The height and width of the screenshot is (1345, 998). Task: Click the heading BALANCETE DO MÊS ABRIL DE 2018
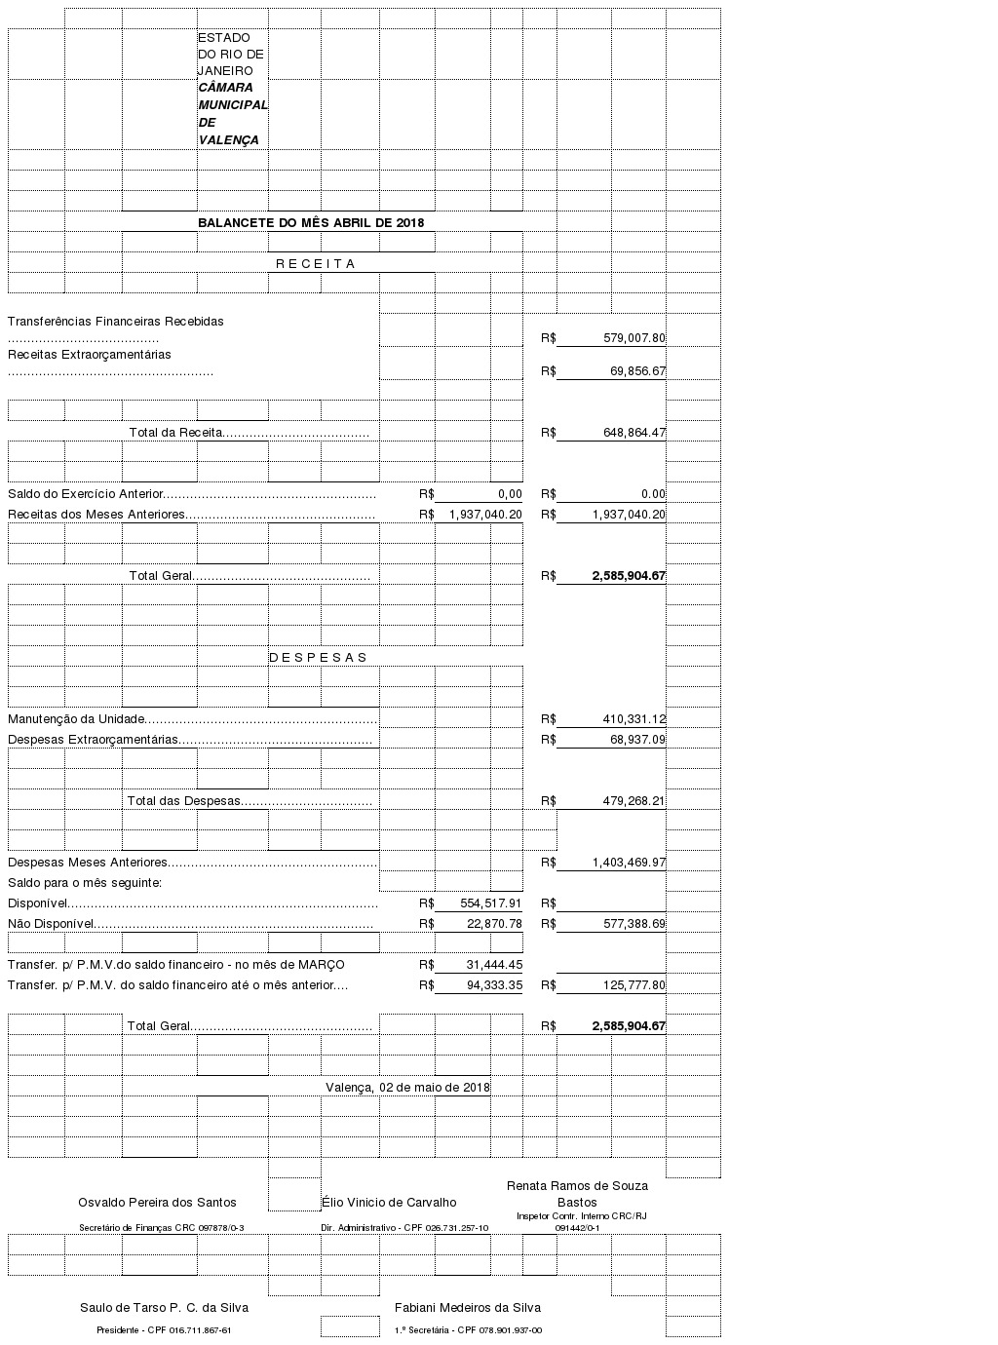pos(311,222)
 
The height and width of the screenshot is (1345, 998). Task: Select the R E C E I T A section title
pos(316,264)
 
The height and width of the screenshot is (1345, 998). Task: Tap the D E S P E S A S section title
pos(318,658)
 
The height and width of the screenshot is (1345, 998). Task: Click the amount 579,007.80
pos(633,338)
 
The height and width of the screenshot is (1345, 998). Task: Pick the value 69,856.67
pos(637,371)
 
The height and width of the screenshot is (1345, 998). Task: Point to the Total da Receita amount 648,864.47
pos(633,433)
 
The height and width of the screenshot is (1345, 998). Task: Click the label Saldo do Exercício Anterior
pos(86,494)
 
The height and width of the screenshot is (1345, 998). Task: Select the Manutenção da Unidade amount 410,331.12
pos(633,719)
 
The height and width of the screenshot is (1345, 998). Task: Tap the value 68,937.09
pos(637,740)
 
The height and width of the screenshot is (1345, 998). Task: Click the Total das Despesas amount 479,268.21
pos(633,801)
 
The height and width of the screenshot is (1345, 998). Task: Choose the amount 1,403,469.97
pos(629,863)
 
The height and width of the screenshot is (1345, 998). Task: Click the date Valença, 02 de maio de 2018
pos(407,1088)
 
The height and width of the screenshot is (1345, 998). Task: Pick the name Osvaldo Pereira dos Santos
pos(157,1203)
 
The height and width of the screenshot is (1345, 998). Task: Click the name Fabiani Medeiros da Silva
pos(467,1308)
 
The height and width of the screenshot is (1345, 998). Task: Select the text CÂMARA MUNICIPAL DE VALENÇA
pos(232,113)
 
